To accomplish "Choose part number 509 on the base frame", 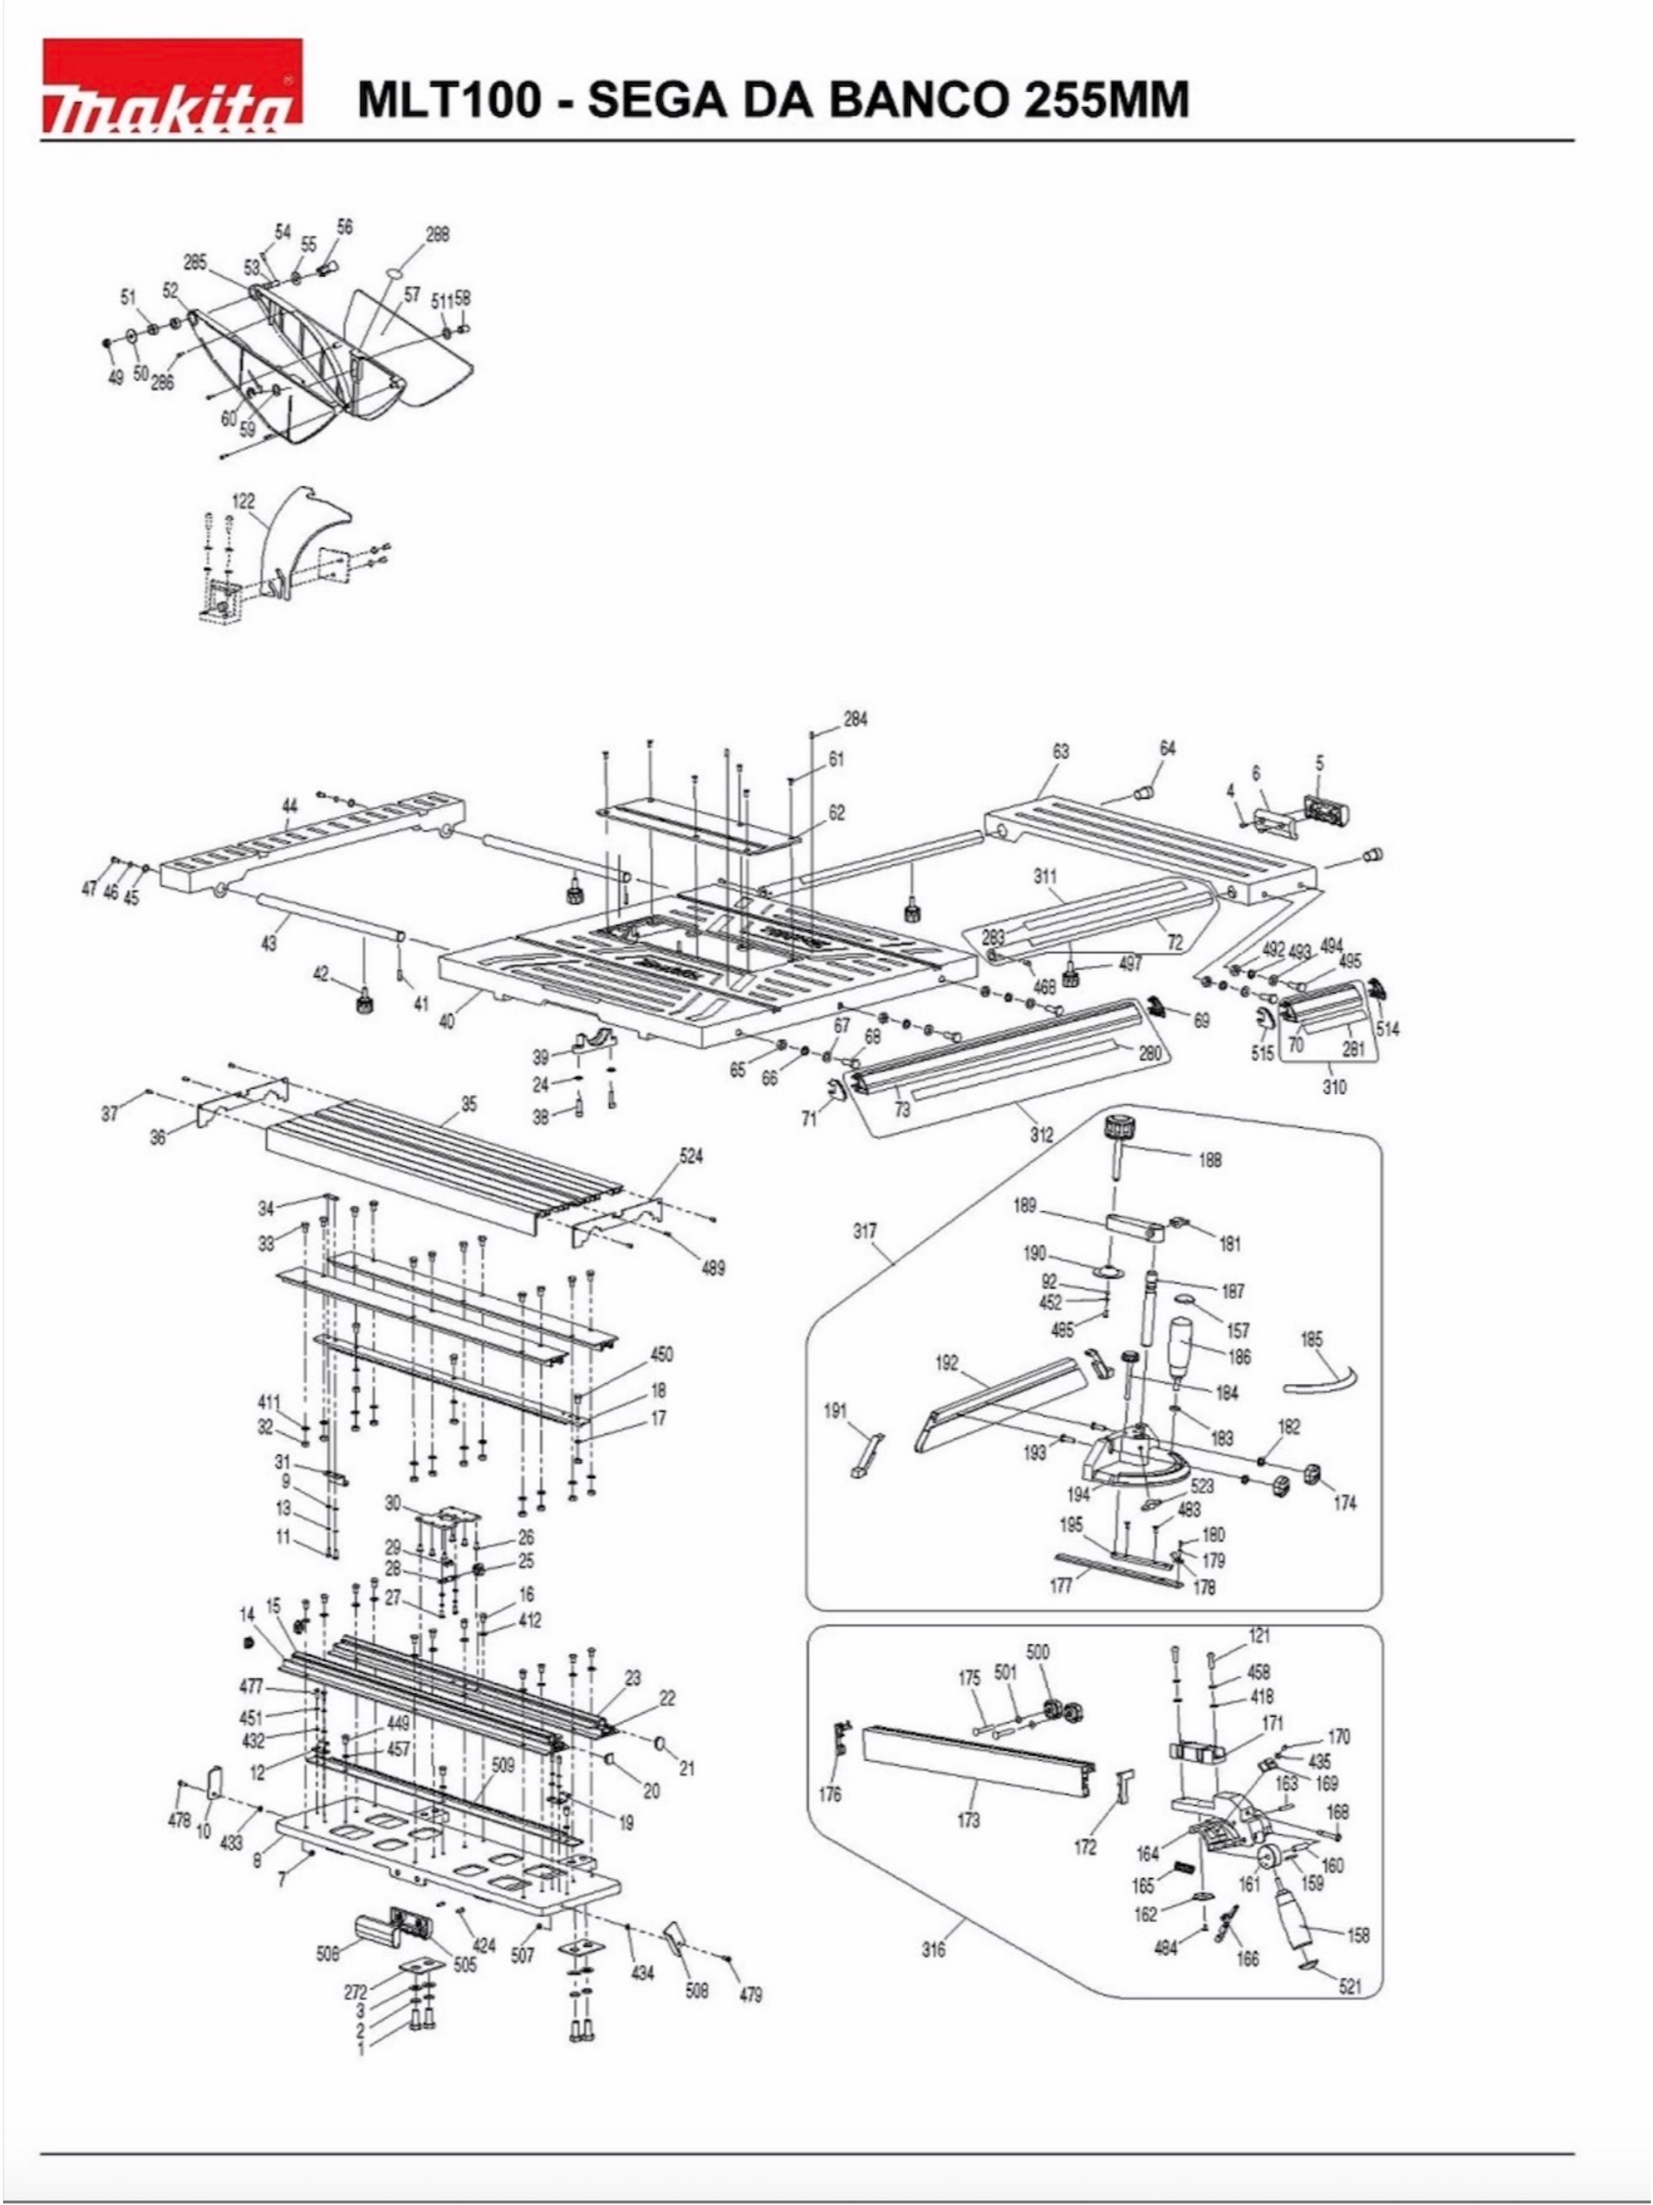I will [x=503, y=1765].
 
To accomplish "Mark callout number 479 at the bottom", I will [x=751, y=1995].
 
